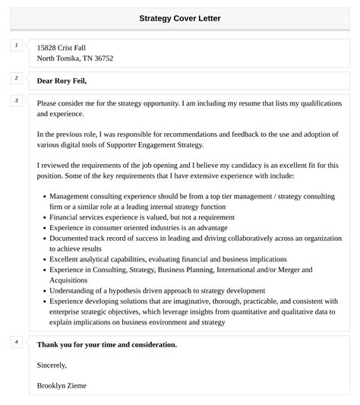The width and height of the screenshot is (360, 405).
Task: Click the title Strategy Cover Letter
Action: pos(180,18)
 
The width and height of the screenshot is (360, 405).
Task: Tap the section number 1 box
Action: pos(16,46)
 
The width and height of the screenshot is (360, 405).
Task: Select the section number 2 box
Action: pos(16,78)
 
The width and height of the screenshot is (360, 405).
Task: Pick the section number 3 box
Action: pos(16,100)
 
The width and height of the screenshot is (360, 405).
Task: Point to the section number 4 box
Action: pos(16,342)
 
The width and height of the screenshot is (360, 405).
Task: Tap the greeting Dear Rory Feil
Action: pos(62,81)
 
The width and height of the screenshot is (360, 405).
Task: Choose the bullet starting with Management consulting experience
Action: pos(190,195)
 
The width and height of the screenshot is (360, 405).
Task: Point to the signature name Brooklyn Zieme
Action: pos(62,385)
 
